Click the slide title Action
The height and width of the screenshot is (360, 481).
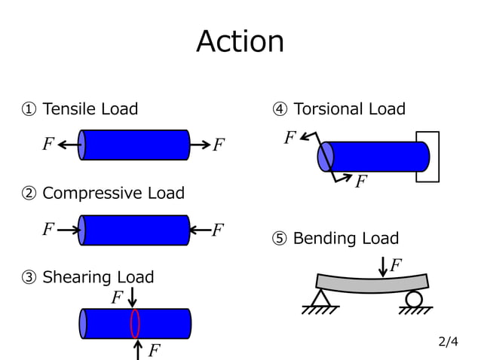tap(240, 41)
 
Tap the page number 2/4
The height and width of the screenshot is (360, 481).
tap(448, 342)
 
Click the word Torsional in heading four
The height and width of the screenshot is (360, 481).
tap(327, 109)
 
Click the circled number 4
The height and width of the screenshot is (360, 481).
tap(279, 110)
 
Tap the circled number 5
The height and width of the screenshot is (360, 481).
tap(279, 239)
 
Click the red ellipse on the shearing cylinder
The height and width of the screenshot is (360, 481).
tap(136, 323)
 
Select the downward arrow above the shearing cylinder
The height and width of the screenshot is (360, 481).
tap(133, 296)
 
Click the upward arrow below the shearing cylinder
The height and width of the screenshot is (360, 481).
tap(138, 348)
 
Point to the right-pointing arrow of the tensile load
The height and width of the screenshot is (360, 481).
tap(199, 145)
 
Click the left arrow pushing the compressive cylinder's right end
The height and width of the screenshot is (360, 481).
tap(199, 230)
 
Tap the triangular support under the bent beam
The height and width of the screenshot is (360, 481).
tap(320, 298)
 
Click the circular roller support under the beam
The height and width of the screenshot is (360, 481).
tap(414, 299)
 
